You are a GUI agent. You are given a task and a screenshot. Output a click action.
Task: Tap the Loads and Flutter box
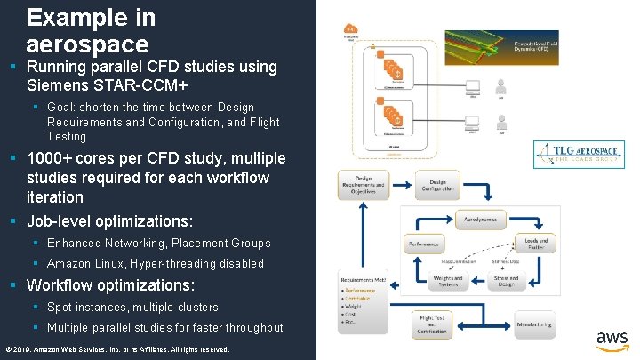point(536,243)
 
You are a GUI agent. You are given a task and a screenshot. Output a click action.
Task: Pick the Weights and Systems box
point(447,281)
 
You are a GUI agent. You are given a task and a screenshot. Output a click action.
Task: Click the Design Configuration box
point(436,184)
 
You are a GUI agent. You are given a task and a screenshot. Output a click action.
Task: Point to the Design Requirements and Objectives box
point(363,184)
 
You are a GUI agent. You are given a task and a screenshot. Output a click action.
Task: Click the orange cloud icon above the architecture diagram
point(351,33)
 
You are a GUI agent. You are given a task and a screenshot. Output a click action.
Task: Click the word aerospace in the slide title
point(87,43)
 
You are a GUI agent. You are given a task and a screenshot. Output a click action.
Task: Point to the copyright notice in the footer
point(117,349)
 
